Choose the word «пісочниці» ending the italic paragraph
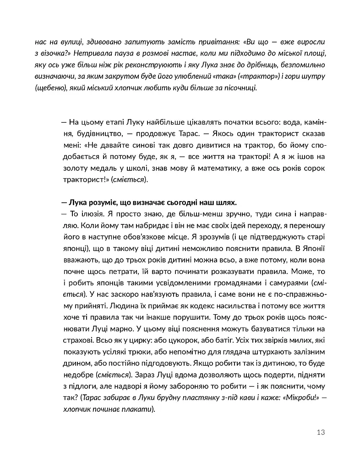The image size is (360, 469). pyautogui.click(x=240, y=87)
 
